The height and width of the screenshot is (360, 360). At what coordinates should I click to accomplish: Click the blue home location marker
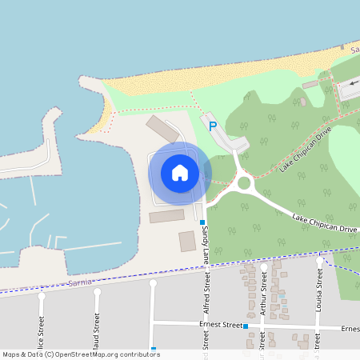coord(180,173)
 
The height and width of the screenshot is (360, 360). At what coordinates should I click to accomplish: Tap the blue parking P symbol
coord(213,126)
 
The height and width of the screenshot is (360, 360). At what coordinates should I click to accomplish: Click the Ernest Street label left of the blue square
coord(220,326)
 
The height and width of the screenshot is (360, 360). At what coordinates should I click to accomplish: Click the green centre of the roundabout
coord(243,184)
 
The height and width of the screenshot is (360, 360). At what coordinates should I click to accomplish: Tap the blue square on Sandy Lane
coord(202,222)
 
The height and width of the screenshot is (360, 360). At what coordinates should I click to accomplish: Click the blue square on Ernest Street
coord(245,326)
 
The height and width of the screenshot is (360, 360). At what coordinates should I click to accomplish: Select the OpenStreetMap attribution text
coord(81,354)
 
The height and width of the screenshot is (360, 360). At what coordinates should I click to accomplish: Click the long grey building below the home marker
coord(166,216)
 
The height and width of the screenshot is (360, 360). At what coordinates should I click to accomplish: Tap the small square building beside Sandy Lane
coord(187,242)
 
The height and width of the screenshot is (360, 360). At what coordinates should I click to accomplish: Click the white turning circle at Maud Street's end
coord(97,291)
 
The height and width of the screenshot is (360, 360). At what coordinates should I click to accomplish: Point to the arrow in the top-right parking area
coord(354,82)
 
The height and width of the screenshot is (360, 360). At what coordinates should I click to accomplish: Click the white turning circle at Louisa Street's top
coord(319,261)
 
